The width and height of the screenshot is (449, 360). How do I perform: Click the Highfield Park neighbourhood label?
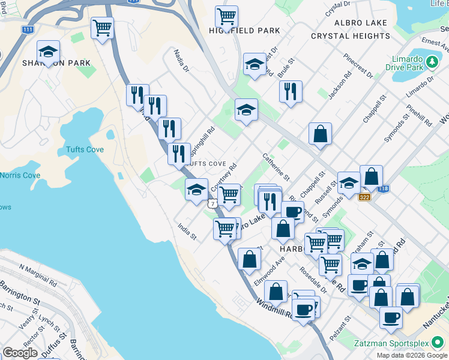coord(244,30)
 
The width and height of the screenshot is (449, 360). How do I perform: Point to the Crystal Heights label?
coord(351,36)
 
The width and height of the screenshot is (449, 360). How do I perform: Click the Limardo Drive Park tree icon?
coord(431,61)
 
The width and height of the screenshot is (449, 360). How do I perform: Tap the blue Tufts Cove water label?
coord(85,149)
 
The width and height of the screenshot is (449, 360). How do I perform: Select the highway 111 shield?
coord(27,29)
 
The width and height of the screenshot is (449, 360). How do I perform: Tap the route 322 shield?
coord(364,196)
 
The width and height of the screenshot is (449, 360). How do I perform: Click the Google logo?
coord(20,352)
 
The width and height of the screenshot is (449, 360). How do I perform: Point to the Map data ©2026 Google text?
coord(411,355)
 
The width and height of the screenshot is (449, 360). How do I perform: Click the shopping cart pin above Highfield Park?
coord(226,17)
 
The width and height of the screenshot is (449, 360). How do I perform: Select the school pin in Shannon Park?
coord(48,52)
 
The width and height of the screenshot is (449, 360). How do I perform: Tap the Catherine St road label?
coord(276,166)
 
